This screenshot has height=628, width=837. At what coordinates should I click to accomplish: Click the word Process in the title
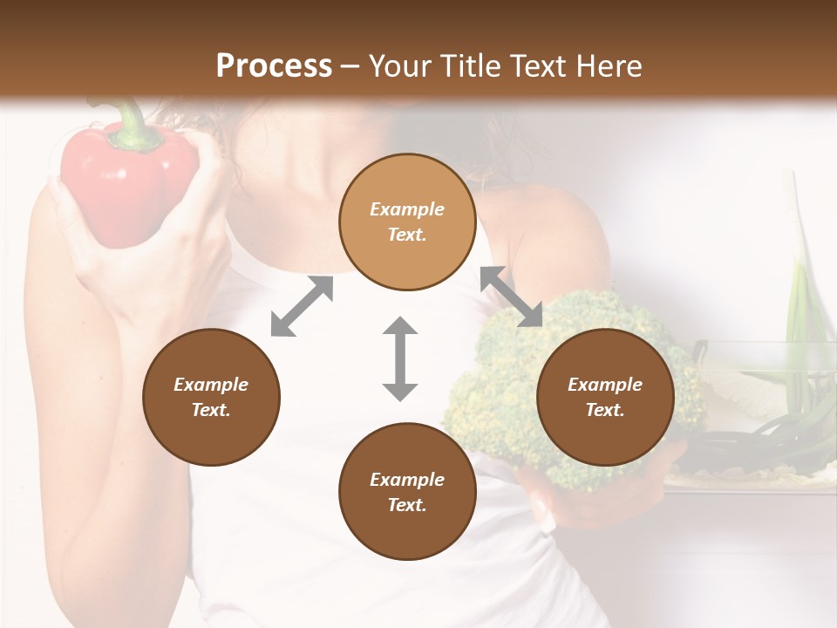[274, 66]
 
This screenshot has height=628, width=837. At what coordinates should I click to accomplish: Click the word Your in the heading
[398, 66]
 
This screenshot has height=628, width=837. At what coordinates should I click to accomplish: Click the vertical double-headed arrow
[400, 358]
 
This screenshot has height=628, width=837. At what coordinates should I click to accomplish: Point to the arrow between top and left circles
[302, 306]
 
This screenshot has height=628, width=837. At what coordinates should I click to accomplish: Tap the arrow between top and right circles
[512, 297]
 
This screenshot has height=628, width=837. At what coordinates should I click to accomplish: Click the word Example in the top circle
[407, 209]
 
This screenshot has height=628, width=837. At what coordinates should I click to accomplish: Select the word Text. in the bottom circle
[407, 505]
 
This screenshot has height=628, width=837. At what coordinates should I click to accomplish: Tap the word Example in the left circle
[211, 385]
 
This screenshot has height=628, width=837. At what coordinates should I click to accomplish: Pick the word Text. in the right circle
[605, 410]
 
